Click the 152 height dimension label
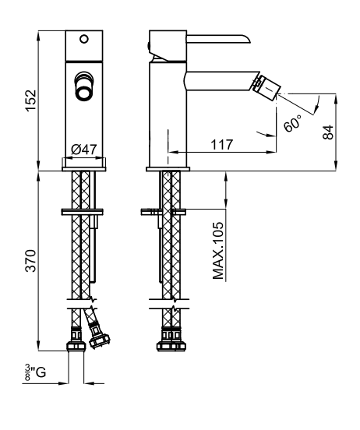30,100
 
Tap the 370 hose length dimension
30,260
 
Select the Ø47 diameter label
84,150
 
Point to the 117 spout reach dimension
222,145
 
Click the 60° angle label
292,123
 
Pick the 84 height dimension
328,132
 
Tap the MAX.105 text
218,250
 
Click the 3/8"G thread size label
35,372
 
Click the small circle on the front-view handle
84,39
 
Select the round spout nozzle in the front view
84,86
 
